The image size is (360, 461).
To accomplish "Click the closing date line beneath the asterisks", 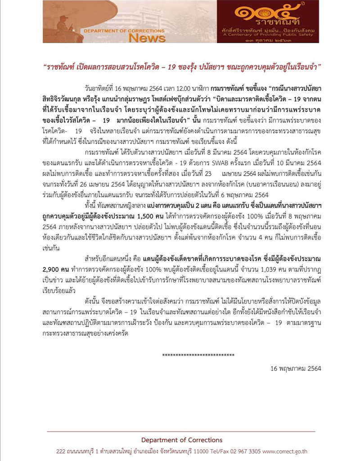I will coord(296,368).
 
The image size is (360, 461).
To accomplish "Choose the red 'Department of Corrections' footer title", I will coord(181,440).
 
